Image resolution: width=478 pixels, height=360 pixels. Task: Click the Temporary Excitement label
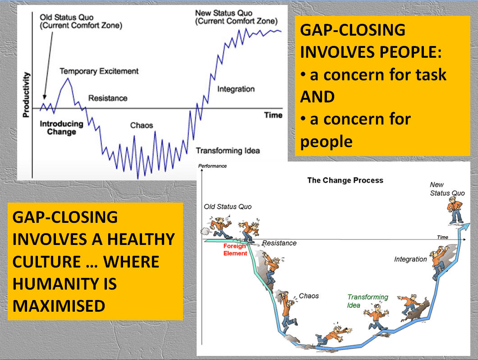point(99,71)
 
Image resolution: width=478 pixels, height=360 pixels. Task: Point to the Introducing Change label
point(62,128)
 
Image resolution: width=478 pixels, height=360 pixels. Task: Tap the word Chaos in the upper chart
point(142,125)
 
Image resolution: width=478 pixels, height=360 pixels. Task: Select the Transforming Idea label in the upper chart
point(228,150)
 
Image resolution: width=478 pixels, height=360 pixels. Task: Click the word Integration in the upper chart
point(236,89)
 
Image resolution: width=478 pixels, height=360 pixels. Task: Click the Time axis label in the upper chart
point(273,115)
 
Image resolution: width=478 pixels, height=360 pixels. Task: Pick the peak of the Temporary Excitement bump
point(68,78)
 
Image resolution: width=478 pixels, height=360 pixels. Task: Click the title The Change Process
point(345,180)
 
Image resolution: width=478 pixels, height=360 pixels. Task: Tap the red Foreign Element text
point(235,249)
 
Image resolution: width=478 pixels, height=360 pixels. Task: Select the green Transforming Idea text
point(367,301)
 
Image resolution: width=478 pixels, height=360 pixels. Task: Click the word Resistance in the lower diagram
point(279,243)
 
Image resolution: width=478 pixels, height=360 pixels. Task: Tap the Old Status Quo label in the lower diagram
point(228,207)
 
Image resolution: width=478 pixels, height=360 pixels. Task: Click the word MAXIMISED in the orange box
point(59,306)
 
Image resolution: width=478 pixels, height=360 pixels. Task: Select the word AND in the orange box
point(317,97)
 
